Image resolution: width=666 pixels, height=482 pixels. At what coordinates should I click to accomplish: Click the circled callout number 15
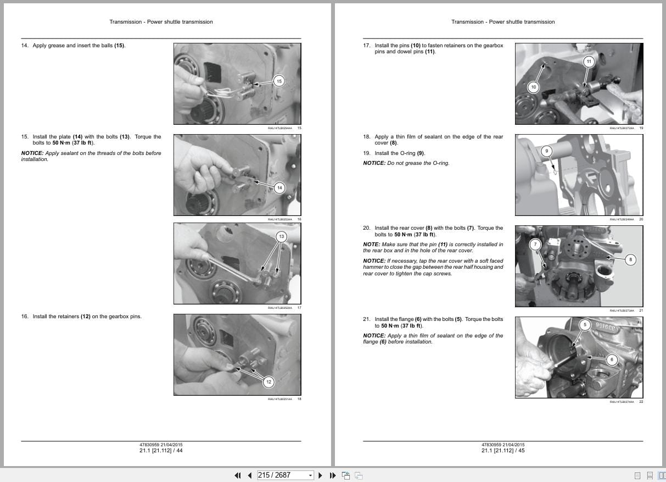[279, 81]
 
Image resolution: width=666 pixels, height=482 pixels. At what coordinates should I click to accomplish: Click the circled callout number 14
[279, 188]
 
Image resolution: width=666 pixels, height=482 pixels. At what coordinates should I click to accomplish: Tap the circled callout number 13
[281, 237]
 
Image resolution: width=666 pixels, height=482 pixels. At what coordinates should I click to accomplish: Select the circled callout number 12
[268, 382]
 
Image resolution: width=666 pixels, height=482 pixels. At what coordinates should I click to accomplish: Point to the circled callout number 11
[589, 62]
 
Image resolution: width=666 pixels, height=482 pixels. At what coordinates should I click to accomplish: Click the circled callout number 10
[533, 87]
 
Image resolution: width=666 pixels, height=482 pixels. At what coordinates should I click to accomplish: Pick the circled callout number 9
[546, 151]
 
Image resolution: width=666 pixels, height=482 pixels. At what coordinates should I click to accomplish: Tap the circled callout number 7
[536, 245]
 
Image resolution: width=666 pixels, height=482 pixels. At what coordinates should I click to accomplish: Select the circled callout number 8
[631, 260]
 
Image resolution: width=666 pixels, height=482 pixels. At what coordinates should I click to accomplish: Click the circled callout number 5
[585, 325]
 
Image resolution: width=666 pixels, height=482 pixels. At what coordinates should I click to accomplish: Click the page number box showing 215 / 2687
[282, 475]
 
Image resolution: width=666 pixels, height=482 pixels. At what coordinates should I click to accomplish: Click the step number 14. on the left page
[25, 46]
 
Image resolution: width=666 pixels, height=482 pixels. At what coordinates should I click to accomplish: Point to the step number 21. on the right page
[367, 319]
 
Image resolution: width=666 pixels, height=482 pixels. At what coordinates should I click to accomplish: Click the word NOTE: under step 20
[371, 245]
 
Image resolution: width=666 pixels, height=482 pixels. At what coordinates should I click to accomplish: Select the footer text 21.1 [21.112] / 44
[161, 451]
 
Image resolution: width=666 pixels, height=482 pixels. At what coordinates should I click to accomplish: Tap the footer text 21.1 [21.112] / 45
[503, 451]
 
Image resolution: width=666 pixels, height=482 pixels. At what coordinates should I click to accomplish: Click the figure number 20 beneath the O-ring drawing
[641, 219]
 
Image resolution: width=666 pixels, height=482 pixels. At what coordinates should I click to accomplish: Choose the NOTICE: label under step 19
[374, 163]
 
